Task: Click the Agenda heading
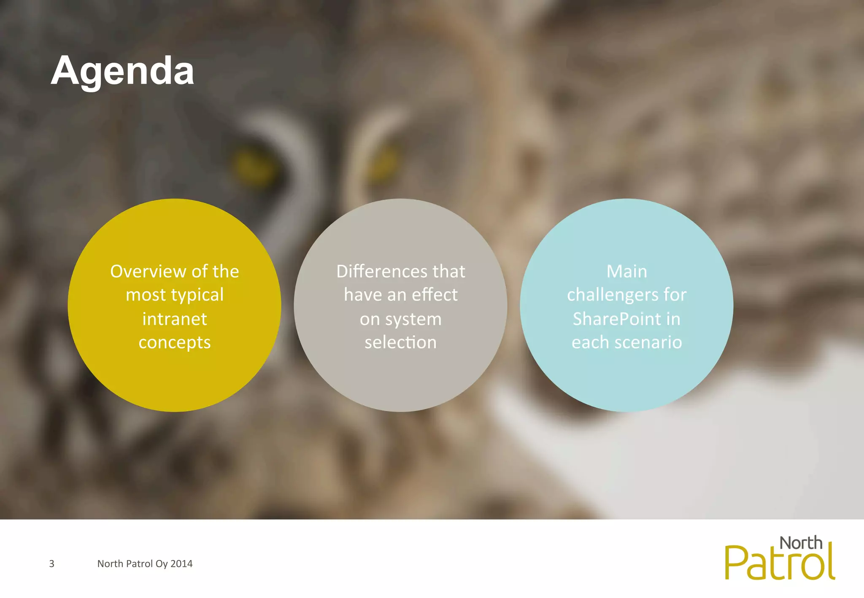(122, 71)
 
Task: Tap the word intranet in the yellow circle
(175, 319)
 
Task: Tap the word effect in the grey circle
(435, 295)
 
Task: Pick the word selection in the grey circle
(400, 342)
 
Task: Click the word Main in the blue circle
(626, 271)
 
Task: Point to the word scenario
(648, 342)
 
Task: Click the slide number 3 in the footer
(52, 563)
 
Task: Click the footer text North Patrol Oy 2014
(145, 563)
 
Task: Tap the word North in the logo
(801, 543)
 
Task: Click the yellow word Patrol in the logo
(780, 564)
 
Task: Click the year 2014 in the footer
(181, 563)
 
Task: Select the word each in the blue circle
(590, 342)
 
